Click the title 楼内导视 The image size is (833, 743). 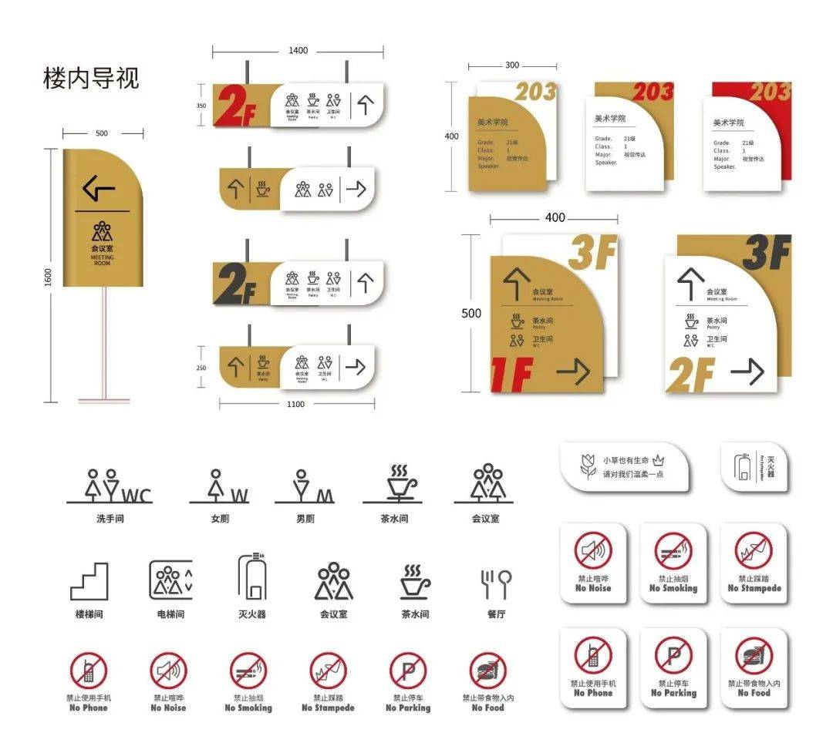(x=91, y=79)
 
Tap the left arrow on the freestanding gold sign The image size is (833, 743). (x=99, y=187)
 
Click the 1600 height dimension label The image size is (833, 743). (x=48, y=275)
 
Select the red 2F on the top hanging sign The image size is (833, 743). (x=234, y=106)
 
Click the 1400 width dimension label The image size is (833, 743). (x=298, y=51)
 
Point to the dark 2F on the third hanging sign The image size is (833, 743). (x=235, y=284)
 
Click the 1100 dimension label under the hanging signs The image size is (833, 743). (x=295, y=404)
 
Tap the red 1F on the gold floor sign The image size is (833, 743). (x=512, y=375)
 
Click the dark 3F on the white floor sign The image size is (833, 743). (x=766, y=254)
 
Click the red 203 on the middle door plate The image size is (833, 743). (x=653, y=92)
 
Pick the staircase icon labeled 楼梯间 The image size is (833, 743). (x=89, y=582)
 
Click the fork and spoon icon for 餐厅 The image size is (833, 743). (x=496, y=583)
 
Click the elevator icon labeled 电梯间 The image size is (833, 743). (x=170, y=580)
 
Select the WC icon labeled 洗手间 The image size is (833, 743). (x=110, y=486)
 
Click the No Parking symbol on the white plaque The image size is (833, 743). (x=673, y=655)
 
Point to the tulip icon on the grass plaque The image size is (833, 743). (x=588, y=466)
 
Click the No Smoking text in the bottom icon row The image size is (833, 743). (x=248, y=708)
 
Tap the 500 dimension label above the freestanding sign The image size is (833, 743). (x=102, y=133)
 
